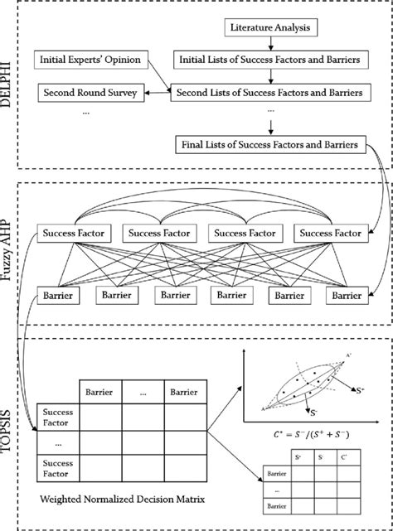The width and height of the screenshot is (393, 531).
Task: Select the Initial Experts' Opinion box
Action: (87, 60)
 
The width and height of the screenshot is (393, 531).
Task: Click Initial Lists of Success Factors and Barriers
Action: (267, 60)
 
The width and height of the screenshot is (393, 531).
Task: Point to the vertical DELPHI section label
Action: (12, 87)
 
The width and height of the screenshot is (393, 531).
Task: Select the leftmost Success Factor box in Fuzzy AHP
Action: (74, 235)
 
